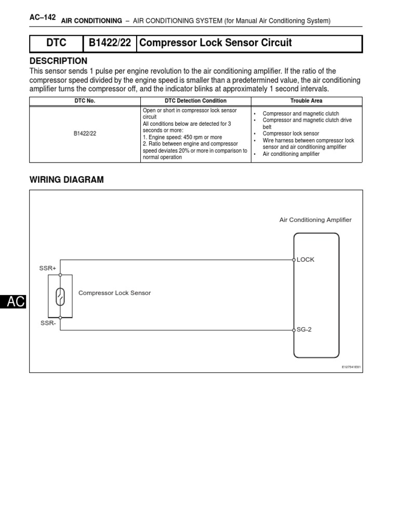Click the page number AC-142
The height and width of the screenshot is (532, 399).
tap(43, 17)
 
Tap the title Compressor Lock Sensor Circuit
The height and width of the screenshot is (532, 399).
tap(216, 43)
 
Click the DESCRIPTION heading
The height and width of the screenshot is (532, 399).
tap(59, 61)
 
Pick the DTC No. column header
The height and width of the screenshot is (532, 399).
tap(85, 101)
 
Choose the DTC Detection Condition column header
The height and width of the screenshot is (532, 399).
tap(195, 101)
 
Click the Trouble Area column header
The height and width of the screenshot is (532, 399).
tap(307, 101)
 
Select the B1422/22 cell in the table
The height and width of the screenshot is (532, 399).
tap(85, 134)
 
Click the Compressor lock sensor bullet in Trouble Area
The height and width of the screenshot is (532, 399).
tap(291, 134)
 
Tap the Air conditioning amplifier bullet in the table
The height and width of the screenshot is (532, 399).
tap(291, 154)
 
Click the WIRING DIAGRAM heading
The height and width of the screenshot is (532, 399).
tap(67, 180)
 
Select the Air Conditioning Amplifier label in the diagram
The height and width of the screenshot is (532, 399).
tap(315, 220)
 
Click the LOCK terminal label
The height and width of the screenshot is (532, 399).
tap(305, 260)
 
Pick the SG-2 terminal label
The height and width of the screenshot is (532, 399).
tap(304, 329)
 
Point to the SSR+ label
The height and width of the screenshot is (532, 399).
tap(48, 268)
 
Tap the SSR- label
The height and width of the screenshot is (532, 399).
tap(47, 323)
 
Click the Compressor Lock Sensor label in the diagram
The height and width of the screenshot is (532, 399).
tap(114, 293)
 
